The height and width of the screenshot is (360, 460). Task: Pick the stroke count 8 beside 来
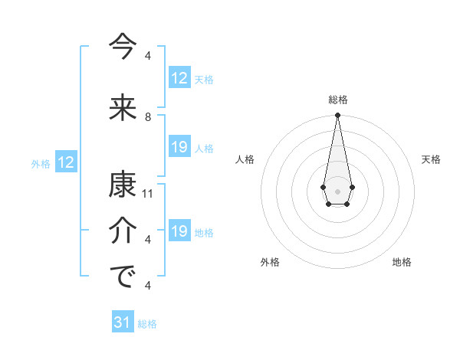click(x=148, y=117)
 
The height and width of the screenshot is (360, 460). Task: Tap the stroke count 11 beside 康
click(x=148, y=194)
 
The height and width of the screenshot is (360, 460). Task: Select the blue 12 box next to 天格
click(x=179, y=77)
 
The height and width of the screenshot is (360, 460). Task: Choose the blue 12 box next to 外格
click(x=66, y=162)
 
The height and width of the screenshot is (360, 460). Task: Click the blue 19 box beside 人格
click(x=179, y=147)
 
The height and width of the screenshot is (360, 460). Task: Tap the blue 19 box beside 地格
click(x=179, y=231)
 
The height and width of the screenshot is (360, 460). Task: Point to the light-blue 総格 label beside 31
click(x=148, y=324)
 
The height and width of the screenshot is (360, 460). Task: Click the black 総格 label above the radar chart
click(x=338, y=100)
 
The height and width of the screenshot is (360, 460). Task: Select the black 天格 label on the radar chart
click(x=432, y=159)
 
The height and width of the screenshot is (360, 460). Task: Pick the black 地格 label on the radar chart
click(x=402, y=262)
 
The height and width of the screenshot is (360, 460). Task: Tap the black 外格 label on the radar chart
click(x=270, y=262)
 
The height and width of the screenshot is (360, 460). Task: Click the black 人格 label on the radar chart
click(x=245, y=159)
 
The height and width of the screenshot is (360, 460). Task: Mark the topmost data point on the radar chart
click(x=337, y=116)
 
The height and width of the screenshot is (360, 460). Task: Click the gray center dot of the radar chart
click(x=337, y=190)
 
